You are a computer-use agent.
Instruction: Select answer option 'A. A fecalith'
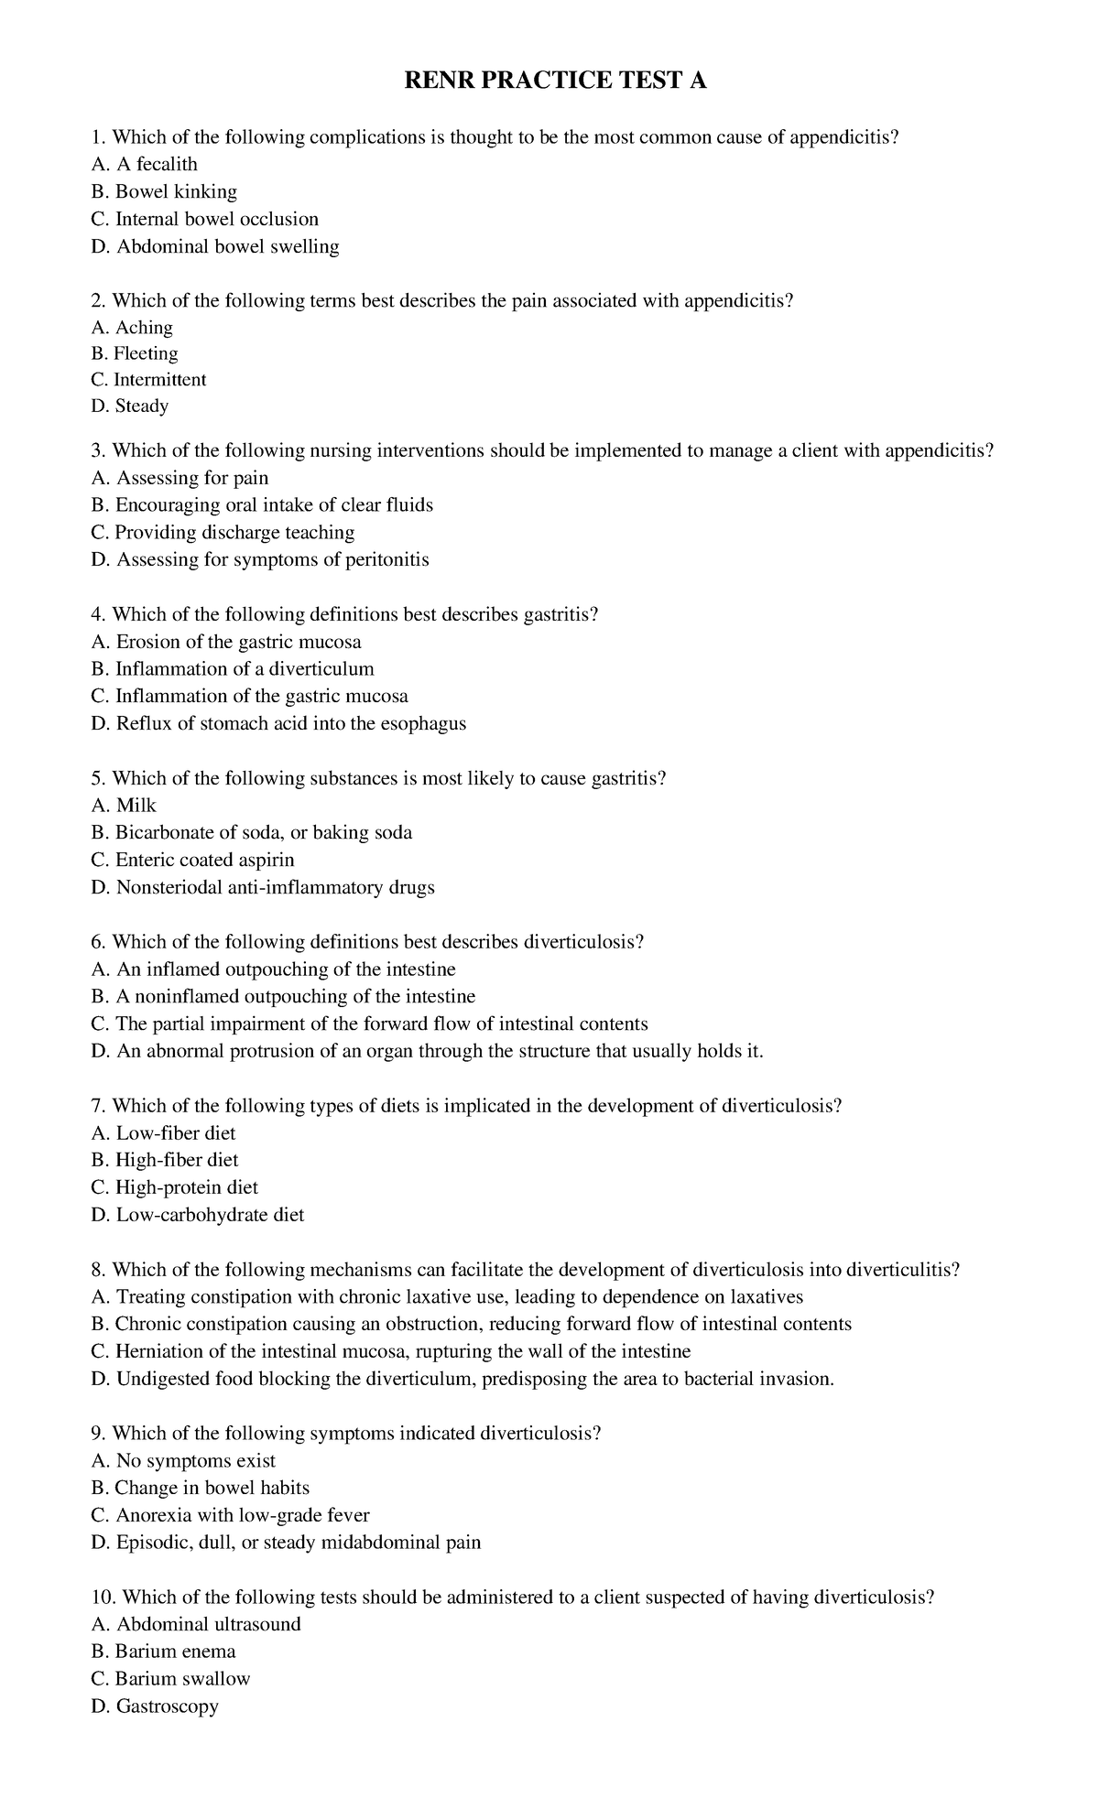(x=144, y=165)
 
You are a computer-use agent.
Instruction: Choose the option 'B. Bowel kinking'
(x=164, y=192)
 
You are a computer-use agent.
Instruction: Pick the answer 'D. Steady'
(x=130, y=406)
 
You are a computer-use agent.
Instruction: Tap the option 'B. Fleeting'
(x=135, y=354)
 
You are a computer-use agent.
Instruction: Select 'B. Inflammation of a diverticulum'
(x=233, y=669)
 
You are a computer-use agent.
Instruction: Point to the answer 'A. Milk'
(x=124, y=806)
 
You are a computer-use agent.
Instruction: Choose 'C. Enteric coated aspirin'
(x=192, y=861)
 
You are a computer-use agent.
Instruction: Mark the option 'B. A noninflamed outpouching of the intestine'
(x=283, y=997)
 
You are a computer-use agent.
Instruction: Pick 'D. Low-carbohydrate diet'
(x=197, y=1216)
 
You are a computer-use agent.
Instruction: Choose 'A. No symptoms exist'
(x=183, y=1461)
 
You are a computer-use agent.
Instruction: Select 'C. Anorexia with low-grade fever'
(x=230, y=1516)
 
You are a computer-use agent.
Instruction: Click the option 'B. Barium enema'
(x=163, y=1652)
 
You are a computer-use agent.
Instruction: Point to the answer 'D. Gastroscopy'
(x=155, y=1707)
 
